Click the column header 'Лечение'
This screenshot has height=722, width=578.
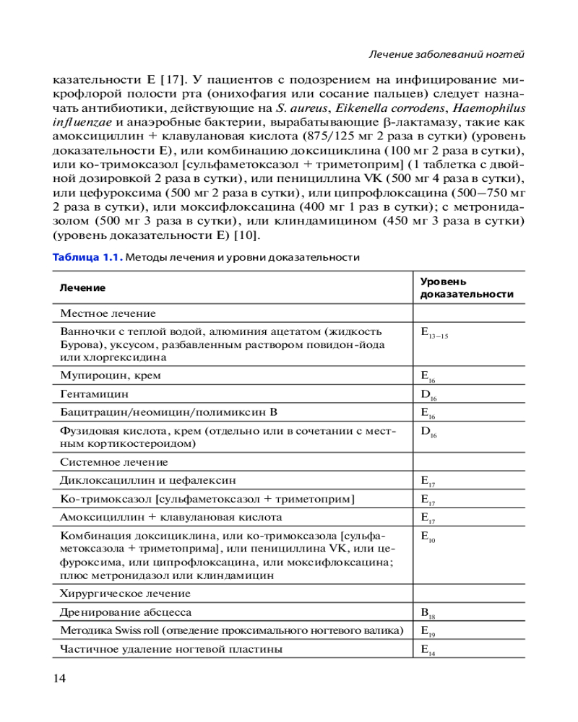[x=83, y=287]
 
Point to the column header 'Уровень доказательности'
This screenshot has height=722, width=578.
[x=467, y=287]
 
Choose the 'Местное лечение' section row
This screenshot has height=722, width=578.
[x=108, y=313]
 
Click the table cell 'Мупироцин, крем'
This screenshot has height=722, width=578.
[x=111, y=375]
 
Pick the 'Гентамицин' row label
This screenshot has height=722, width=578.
[x=95, y=394]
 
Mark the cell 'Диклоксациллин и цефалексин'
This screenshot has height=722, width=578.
[x=148, y=480]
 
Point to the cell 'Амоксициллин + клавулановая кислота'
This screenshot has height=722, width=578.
[x=171, y=517]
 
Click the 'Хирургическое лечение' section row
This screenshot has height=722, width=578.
[x=125, y=593]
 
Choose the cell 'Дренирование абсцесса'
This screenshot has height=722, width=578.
[x=126, y=612]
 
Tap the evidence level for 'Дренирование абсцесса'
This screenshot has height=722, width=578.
[x=428, y=614]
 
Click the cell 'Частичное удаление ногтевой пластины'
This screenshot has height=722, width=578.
[x=171, y=649]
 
